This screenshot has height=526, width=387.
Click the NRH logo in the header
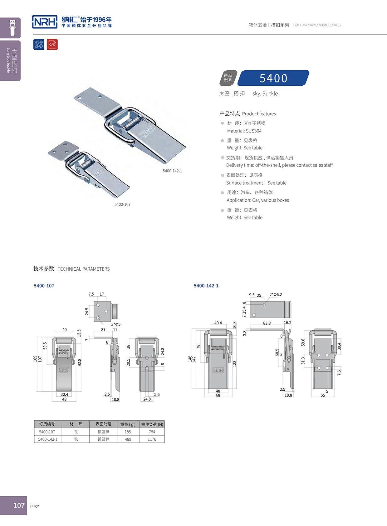tap(45, 22)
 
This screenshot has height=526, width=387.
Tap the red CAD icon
tap(52, 44)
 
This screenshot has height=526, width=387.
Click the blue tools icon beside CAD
tap(39, 44)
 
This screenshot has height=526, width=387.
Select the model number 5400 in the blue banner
tap(273, 78)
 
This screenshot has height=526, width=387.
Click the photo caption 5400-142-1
tap(172, 171)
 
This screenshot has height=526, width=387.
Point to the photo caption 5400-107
tap(122, 204)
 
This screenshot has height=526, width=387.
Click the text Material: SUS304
tap(244, 131)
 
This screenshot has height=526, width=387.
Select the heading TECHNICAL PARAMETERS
tap(83, 269)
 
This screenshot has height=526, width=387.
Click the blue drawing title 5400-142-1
tap(206, 286)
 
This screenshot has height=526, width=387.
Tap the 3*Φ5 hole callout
tap(116, 324)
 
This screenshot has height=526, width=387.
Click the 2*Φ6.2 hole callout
tap(276, 294)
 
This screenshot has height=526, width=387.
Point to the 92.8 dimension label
tap(80, 362)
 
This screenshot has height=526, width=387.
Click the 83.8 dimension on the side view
tap(267, 323)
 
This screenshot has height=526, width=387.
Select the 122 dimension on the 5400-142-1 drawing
tap(234, 363)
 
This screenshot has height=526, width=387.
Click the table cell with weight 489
tap(128, 439)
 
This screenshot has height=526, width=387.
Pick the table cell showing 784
tap(152, 432)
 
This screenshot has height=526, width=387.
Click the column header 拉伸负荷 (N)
tap(152, 424)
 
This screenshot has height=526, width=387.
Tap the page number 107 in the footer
tap(19, 505)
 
